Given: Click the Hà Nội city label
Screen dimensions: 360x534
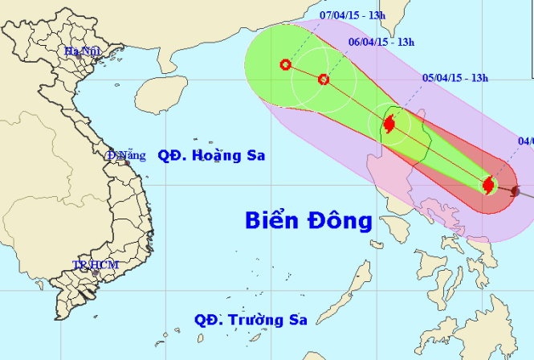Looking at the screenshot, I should point(81,51).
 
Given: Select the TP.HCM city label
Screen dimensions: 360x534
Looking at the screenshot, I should point(90,264).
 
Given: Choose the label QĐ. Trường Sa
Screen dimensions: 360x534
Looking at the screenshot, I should point(251,320).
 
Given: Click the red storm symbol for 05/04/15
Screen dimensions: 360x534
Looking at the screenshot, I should point(389,125).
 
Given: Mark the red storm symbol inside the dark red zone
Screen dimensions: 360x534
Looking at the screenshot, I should point(488,186).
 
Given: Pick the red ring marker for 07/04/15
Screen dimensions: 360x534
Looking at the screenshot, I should point(285,65).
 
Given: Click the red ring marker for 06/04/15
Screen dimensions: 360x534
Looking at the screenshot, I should point(323,80).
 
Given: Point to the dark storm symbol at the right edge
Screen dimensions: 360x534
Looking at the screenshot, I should point(515,191).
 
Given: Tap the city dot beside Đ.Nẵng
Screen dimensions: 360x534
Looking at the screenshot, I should point(126,163).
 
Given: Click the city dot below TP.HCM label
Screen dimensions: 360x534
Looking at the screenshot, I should point(96,272).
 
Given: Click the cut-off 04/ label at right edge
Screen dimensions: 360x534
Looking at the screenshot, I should point(526,141).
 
